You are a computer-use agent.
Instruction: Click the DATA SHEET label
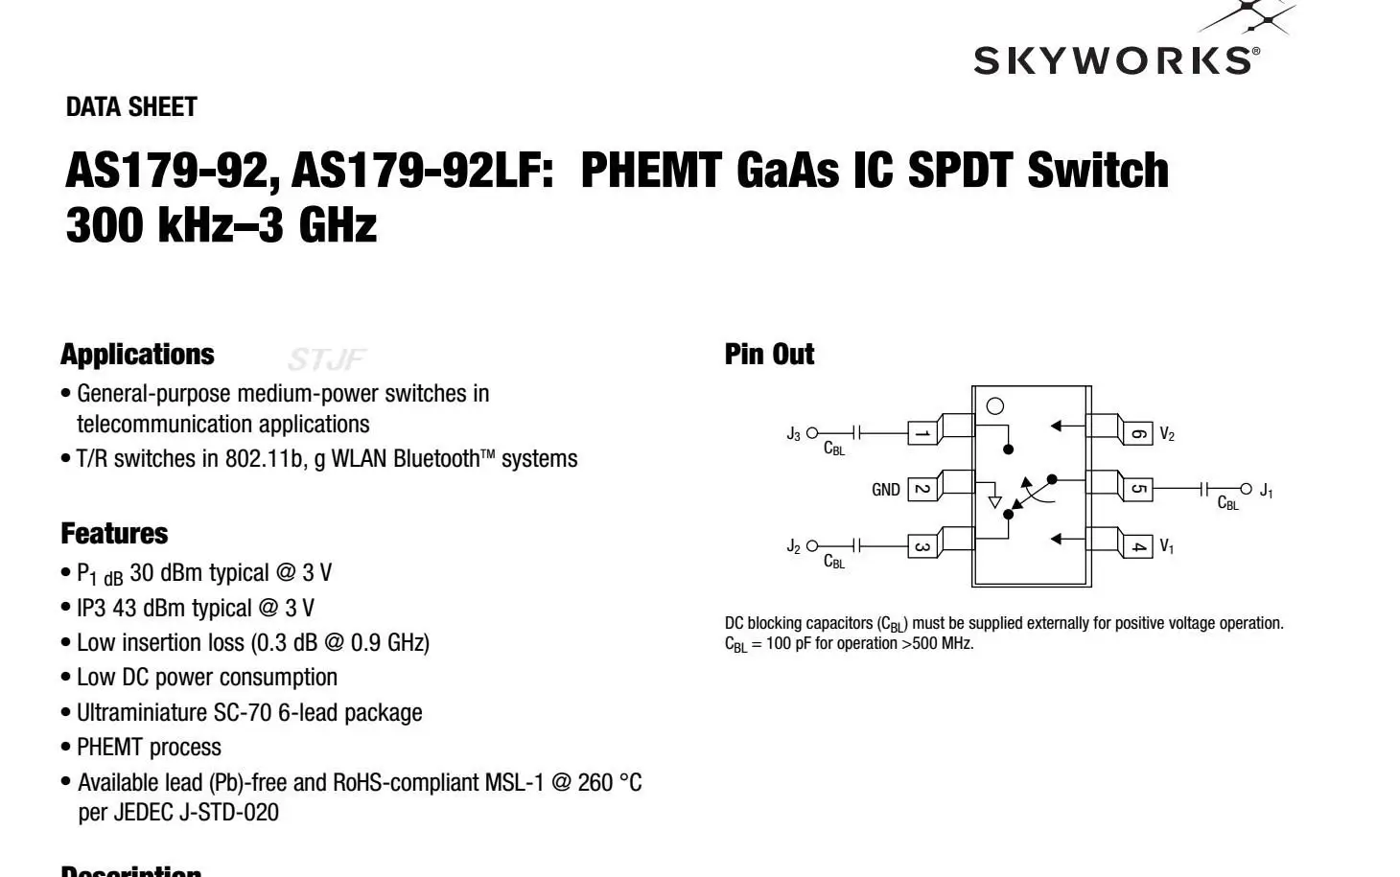(x=131, y=107)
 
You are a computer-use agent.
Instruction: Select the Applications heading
(x=137, y=355)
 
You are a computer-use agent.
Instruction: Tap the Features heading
(x=114, y=534)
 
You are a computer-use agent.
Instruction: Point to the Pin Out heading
(x=769, y=355)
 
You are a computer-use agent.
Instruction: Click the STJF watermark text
(x=327, y=360)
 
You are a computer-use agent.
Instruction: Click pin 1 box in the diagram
(x=922, y=433)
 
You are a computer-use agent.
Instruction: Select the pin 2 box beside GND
(x=922, y=489)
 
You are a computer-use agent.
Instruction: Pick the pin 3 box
(x=922, y=546)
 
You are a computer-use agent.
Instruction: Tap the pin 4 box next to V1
(x=1137, y=546)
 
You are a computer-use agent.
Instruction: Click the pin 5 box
(x=1137, y=489)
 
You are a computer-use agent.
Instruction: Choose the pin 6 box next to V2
(x=1137, y=433)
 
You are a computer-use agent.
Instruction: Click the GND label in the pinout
(x=885, y=490)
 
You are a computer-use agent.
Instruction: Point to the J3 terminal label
(x=793, y=434)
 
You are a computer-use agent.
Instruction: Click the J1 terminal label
(x=1266, y=491)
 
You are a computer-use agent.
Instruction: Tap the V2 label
(x=1167, y=434)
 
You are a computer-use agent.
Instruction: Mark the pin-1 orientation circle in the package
(x=995, y=406)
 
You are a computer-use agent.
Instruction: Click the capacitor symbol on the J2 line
(x=857, y=546)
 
